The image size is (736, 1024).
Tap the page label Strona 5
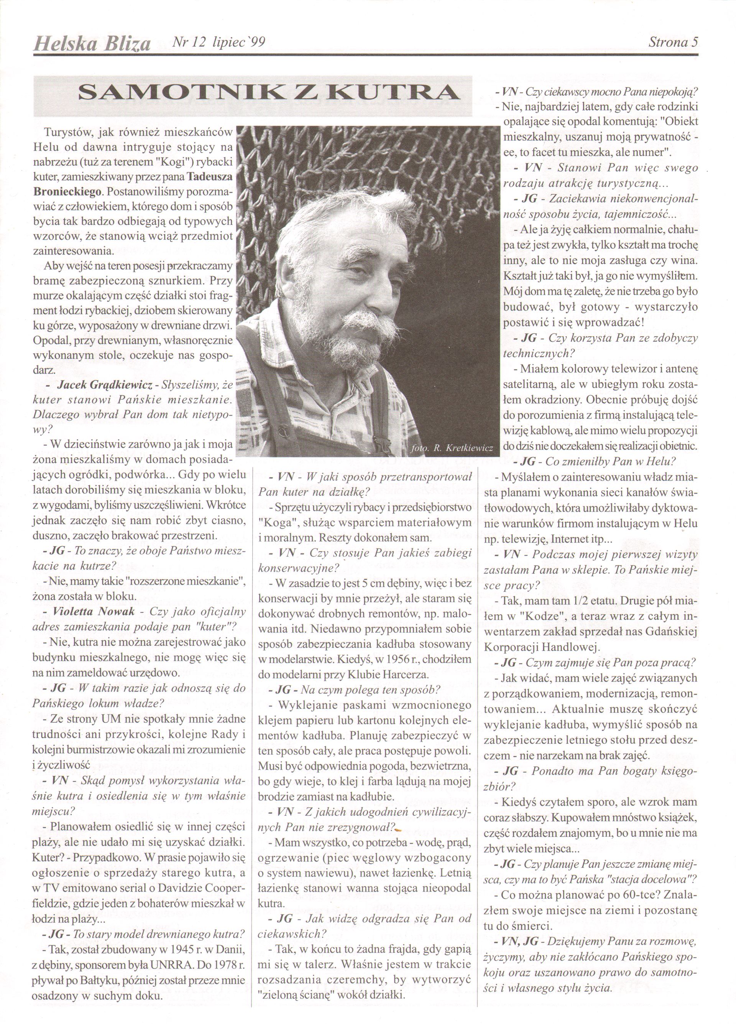tap(673, 43)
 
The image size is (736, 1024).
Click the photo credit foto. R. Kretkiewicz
tap(453, 448)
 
